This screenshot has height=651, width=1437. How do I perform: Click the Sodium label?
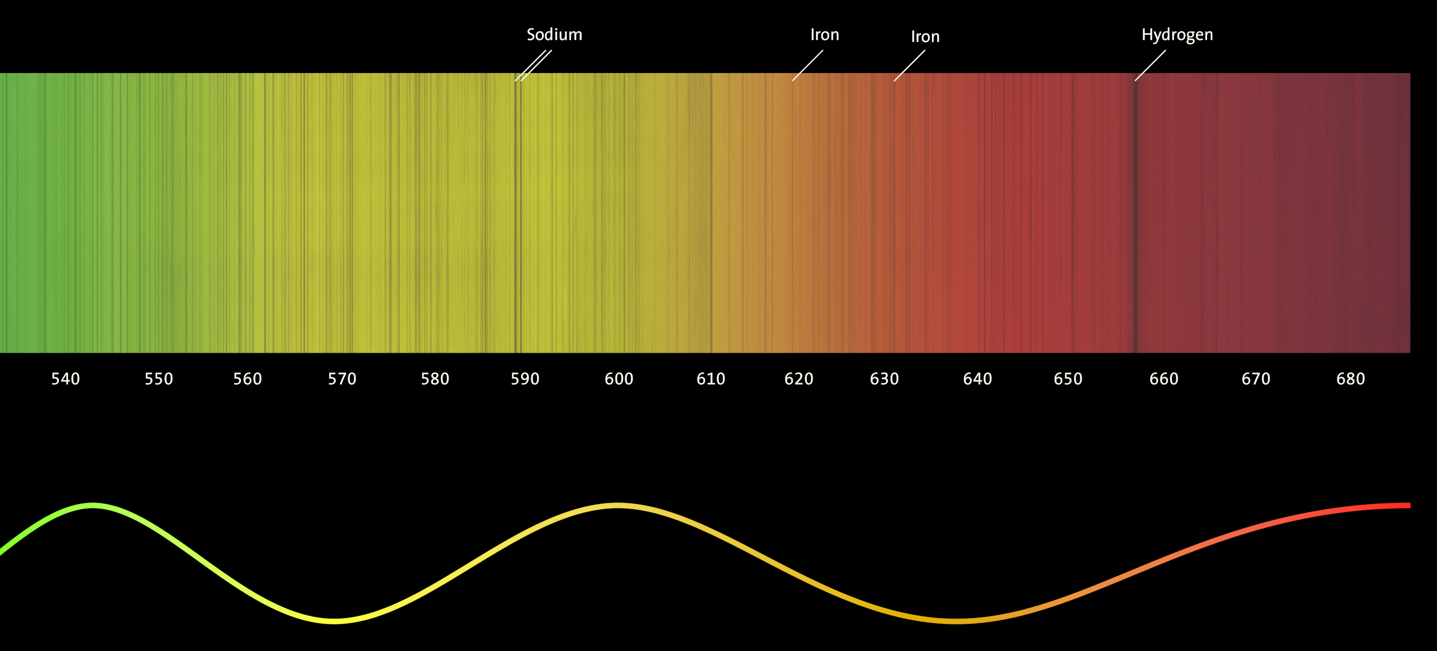554,35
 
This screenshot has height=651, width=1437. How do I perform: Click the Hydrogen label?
1177,35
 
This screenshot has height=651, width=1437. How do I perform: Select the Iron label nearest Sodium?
824,35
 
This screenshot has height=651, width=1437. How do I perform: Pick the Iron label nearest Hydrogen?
925,37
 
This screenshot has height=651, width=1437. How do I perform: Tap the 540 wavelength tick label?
65,379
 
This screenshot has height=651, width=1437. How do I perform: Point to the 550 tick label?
159,379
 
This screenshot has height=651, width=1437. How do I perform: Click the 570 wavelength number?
341,379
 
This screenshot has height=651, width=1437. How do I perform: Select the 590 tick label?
525,379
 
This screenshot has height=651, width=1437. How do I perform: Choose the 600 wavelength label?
618,379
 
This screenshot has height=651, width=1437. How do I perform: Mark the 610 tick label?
711,379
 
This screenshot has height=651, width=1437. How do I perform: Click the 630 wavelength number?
884,379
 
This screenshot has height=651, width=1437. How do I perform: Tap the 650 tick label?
1068,379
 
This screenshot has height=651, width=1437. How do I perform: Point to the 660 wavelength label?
1163,379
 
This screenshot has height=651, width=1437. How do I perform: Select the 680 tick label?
1350,379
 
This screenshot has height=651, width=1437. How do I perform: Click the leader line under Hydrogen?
1150,66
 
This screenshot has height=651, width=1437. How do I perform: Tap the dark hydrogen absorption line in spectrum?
1136,212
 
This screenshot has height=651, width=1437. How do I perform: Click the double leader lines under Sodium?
533,66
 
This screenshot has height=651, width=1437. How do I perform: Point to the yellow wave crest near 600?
617,506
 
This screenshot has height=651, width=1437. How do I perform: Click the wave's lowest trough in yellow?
334,620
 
